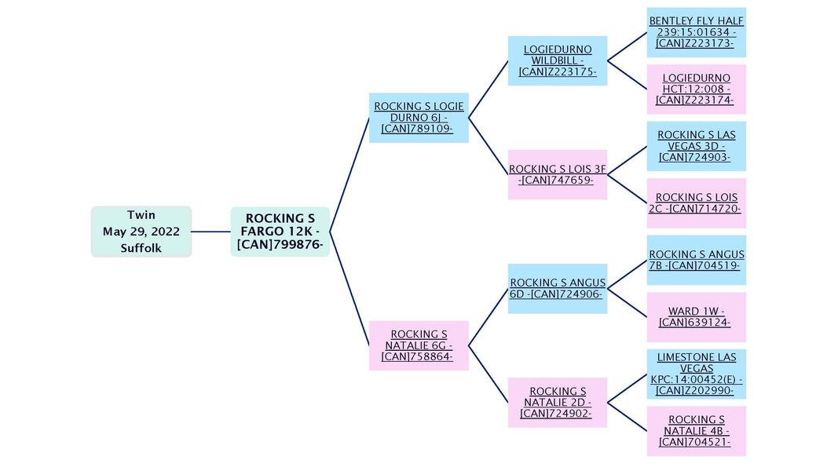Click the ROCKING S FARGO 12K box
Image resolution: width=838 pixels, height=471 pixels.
pos(280,232)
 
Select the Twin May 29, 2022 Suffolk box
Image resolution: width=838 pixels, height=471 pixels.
pos(141,232)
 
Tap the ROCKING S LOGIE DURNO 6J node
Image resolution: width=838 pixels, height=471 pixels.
pos(419,118)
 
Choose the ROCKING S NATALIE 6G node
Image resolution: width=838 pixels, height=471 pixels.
pos(419,345)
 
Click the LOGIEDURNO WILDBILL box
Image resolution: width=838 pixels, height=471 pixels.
pos(558,60)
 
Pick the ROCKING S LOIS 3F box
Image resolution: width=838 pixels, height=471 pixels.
pos(558,174)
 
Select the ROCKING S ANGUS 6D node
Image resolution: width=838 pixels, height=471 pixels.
pos(558,288)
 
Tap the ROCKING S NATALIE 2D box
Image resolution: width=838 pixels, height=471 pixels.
pos(558,402)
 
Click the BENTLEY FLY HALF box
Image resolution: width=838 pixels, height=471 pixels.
pos(696,32)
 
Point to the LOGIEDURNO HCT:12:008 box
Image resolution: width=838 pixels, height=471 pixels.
pos(696,89)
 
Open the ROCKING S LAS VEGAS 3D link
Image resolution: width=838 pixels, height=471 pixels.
pos(696,146)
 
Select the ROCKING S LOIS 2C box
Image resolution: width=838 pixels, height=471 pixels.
pos(696,203)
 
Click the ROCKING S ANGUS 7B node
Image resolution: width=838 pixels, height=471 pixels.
pos(696,260)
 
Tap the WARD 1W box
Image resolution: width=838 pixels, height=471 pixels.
pos(696,316)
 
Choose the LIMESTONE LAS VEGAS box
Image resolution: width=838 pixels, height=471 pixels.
pos(696,374)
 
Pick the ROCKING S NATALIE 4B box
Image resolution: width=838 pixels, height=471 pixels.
pos(696,430)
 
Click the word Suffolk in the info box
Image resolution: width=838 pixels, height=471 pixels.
pos(141,248)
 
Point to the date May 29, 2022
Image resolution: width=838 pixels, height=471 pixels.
pos(141,232)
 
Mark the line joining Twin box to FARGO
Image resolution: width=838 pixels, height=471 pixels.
pos(210,232)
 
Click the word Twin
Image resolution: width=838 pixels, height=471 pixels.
pos(141,215)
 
